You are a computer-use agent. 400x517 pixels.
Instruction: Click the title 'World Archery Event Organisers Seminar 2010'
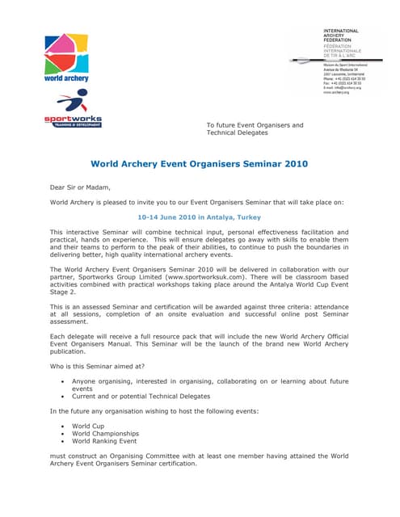(x=199, y=164)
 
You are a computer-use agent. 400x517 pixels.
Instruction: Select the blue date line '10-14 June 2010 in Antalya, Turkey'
(x=199, y=217)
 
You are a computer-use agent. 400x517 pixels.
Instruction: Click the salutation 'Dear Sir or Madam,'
(x=80, y=187)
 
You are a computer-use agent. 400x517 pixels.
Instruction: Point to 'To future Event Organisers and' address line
(x=255, y=125)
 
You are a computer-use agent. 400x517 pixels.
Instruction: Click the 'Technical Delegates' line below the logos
(x=236, y=132)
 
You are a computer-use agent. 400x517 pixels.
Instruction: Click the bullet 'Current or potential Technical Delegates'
(x=141, y=397)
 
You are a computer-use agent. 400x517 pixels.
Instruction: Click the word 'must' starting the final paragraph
(x=58, y=456)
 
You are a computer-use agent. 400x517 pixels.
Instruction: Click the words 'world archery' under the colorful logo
(x=65, y=78)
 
